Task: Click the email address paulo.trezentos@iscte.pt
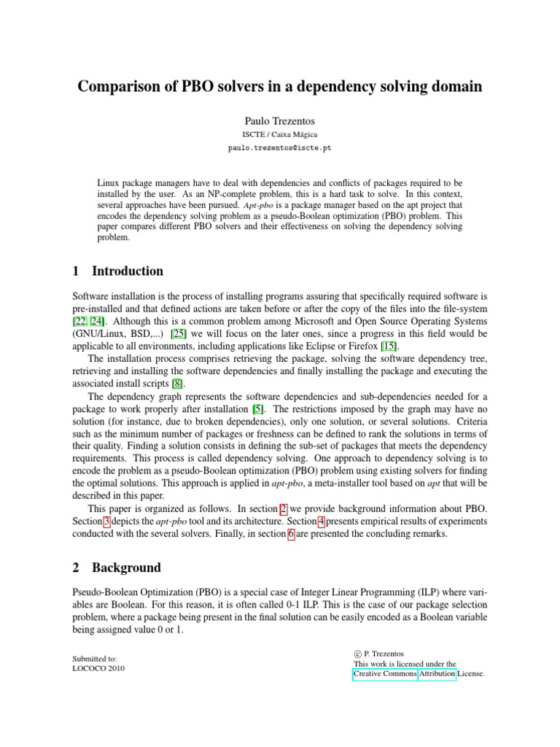point(279,148)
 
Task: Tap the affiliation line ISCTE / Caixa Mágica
point(279,135)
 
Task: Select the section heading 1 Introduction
point(119,271)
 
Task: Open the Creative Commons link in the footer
point(385,675)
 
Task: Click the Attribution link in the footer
point(437,675)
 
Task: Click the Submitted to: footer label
point(100,658)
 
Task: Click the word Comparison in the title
point(121,87)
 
